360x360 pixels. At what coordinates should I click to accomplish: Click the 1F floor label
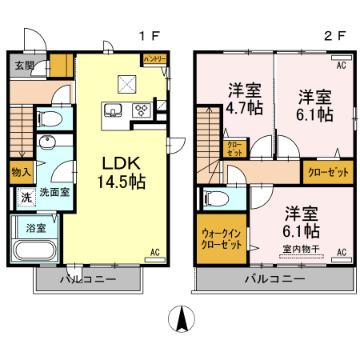tap(150, 36)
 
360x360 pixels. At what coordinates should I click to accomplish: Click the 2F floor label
tap(334, 36)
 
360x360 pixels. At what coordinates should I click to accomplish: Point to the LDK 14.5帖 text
tap(121, 171)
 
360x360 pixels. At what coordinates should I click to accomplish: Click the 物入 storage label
tap(22, 172)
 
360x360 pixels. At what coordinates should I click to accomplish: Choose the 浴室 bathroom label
tap(35, 227)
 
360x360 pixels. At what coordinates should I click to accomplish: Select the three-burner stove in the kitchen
tap(142, 110)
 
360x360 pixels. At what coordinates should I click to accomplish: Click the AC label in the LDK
tap(155, 253)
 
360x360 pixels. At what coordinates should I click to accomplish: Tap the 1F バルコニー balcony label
tap(88, 279)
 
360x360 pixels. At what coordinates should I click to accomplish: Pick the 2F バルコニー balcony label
tap(274, 279)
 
